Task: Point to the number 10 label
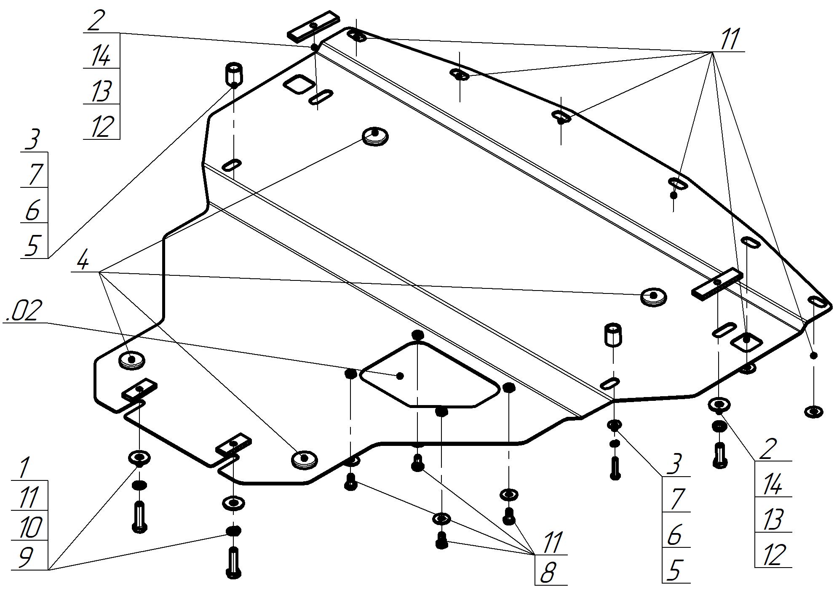[x=30, y=528]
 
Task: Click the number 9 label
[x=26, y=558]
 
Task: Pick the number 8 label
[x=547, y=573]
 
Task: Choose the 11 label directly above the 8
[x=552, y=543]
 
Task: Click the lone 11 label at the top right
[x=729, y=40]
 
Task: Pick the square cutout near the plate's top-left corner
[x=298, y=84]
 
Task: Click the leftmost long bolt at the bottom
[x=139, y=516]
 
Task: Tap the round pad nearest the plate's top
[x=375, y=136]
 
